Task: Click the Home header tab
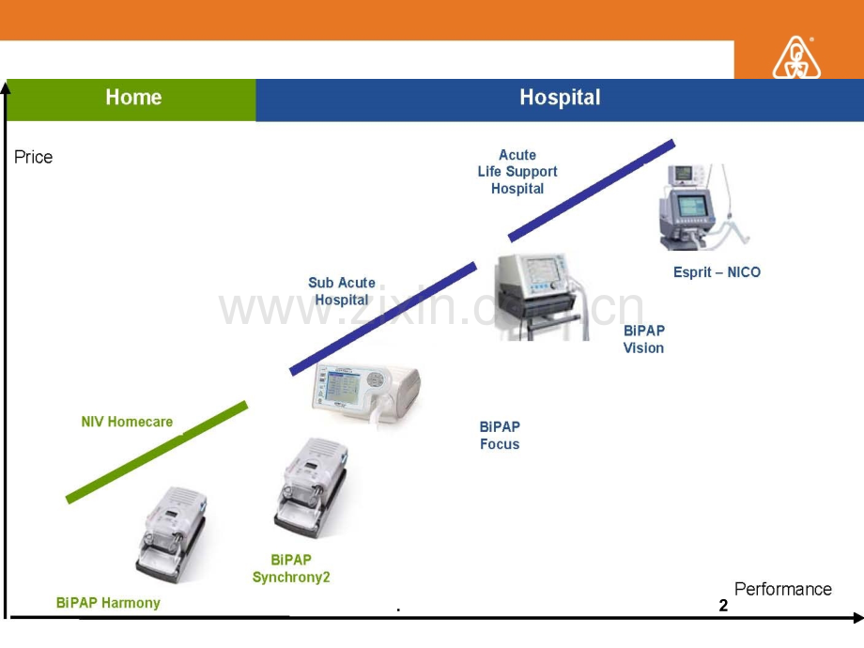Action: pyautogui.click(x=132, y=98)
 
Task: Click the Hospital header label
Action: pyautogui.click(x=560, y=98)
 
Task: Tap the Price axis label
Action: pyautogui.click(x=34, y=158)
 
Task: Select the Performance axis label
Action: pyautogui.click(x=782, y=590)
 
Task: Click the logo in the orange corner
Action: pyautogui.click(x=796, y=58)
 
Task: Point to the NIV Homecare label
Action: pyautogui.click(x=127, y=423)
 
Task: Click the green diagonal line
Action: pyautogui.click(x=157, y=453)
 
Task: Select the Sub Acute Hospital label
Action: pyautogui.click(x=342, y=291)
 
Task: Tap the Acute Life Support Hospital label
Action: pyautogui.click(x=517, y=172)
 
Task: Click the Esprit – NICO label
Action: pyautogui.click(x=717, y=272)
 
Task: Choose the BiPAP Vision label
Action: pyautogui.click(x=643, y=339)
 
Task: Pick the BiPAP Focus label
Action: pyautogui.click(x=500, y=436)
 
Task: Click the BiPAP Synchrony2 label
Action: pyautogui.click(x=291, y=569)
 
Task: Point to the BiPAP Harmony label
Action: pyautogui.click(x=108, y=603)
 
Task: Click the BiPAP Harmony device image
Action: pyautogui.click(x=171, y=535)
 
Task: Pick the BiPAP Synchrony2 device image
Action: pyautogui.click(x=310, y=488)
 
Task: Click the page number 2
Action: pyautogui.click(x=723, y=607)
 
